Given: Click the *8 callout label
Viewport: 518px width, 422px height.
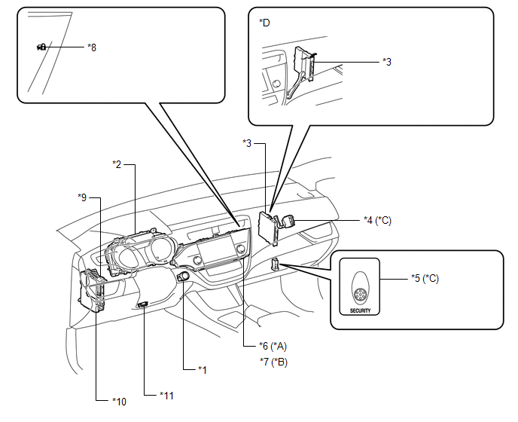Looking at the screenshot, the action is click(92, 47).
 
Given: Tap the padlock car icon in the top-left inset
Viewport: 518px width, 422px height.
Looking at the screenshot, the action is click(41, 47).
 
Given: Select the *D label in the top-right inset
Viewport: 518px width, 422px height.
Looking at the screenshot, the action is click(264, 23).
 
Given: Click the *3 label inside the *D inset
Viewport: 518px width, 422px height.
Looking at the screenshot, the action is click(387, 62).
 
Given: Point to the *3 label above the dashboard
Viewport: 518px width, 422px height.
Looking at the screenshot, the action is click(247, 143).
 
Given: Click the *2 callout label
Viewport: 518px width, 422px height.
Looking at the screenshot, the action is click(117, 164).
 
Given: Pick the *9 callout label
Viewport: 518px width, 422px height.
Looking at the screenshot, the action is click(82, 197).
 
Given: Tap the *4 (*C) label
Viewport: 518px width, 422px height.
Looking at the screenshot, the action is click(377, 220).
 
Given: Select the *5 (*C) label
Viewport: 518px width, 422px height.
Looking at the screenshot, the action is click(425, 279).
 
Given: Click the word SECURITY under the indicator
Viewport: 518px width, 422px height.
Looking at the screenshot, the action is click(360, 311).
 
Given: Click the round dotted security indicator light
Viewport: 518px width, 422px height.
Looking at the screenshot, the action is click(359, 295).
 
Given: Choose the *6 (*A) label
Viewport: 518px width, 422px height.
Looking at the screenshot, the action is click(273, 346).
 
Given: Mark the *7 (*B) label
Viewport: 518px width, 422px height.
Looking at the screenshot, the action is click(273, 362).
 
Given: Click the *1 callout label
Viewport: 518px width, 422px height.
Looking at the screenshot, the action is click(203, 370).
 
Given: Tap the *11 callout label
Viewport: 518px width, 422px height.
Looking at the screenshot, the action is click(166, 396).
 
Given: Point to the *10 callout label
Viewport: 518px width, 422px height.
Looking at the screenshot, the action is click(119, 402).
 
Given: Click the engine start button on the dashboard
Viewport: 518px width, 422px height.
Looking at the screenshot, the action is click(184, 277).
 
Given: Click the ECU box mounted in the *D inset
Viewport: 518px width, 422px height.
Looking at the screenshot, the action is click(303, 63).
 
